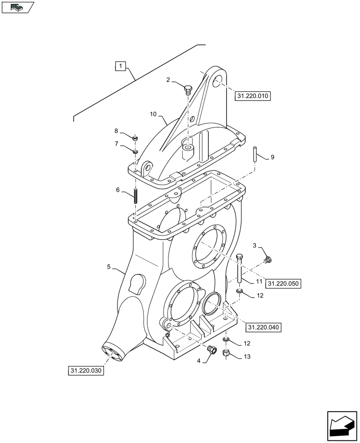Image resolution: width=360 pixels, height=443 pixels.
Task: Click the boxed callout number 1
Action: [121, 66]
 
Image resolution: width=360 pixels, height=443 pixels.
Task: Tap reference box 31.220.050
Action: [283, 283]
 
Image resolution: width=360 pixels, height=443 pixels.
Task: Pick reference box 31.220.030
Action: [86, 370]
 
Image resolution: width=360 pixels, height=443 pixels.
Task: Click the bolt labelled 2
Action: [188, 90]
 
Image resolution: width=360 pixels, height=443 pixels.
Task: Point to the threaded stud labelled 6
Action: [135, 194]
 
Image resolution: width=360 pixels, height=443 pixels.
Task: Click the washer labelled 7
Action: [136, 152]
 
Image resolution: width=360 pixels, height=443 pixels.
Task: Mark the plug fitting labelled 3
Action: [268, 259]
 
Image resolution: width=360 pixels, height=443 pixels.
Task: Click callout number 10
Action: [153, 114]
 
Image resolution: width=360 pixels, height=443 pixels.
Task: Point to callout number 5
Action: [109, 267]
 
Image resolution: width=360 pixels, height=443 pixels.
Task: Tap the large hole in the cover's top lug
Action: [217, 82]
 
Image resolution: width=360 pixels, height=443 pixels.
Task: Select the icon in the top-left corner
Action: [17, 7]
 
